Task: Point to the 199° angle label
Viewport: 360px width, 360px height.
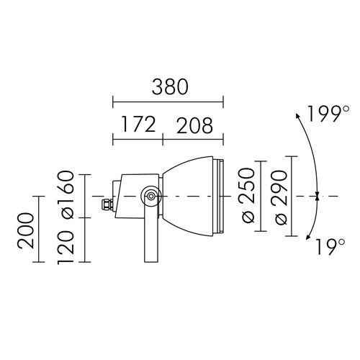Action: pyautogui.click(x=323, y=114)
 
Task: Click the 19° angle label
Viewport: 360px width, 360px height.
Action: pyautogui.click(x=328, y=247)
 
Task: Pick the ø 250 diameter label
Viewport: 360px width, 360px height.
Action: pyautogui.click(x=247, y=197)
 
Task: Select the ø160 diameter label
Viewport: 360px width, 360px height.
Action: pyautogui.click(x=66, y=194)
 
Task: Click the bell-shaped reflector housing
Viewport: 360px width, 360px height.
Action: pyautogui.click(x=189, y=195)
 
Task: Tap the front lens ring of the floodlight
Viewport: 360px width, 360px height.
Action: pyautogui.click(x=222, y=196)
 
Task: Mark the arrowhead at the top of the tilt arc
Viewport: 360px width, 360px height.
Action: pyautogui.click(x=298, y=115)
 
